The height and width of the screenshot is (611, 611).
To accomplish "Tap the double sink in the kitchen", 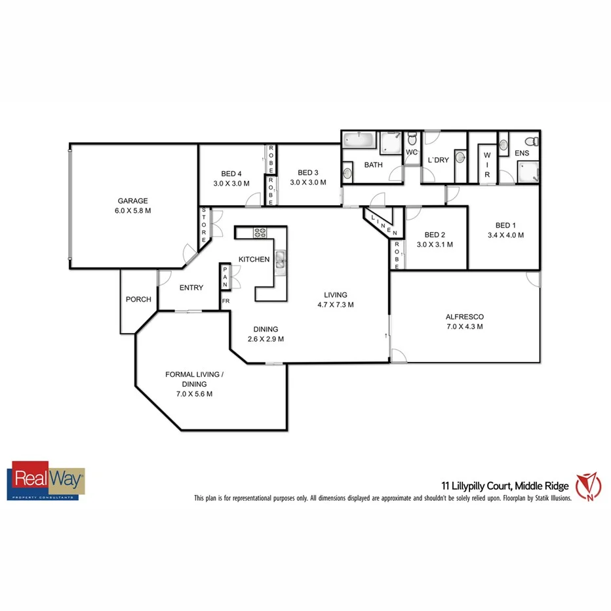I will coord(281,261).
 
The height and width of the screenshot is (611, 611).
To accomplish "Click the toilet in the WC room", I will coord(412,138).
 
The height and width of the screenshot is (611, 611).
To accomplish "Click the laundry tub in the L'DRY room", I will coord(460,157).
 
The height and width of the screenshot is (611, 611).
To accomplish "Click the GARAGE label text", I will coord(132,201).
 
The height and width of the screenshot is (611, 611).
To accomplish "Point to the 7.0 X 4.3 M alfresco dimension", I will coord(464,326).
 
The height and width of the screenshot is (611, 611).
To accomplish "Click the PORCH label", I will coord(138,300).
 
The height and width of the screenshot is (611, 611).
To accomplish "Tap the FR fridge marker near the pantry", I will coord(226,302).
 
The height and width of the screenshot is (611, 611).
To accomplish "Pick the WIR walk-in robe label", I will coord(487,164).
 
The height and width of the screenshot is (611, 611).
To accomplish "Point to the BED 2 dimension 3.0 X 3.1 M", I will coord(435,245).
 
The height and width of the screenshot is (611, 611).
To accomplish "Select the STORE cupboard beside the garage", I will coord(204,225).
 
